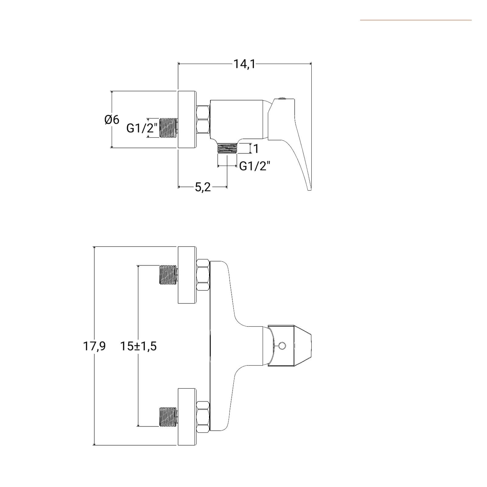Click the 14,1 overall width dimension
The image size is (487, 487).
tap(245, 64)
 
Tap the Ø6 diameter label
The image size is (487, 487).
tap(112, 120)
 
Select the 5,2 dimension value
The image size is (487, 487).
tap(203, 187)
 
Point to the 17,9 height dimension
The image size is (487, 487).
tap(94, 346)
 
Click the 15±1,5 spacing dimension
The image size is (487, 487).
tap(138, 346)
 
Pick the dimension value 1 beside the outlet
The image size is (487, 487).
tap(256, 149)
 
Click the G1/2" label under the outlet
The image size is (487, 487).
tap(255, 166)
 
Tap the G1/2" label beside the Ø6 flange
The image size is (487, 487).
tap(142, 128)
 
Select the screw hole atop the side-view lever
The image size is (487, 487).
tap(282, 98)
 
